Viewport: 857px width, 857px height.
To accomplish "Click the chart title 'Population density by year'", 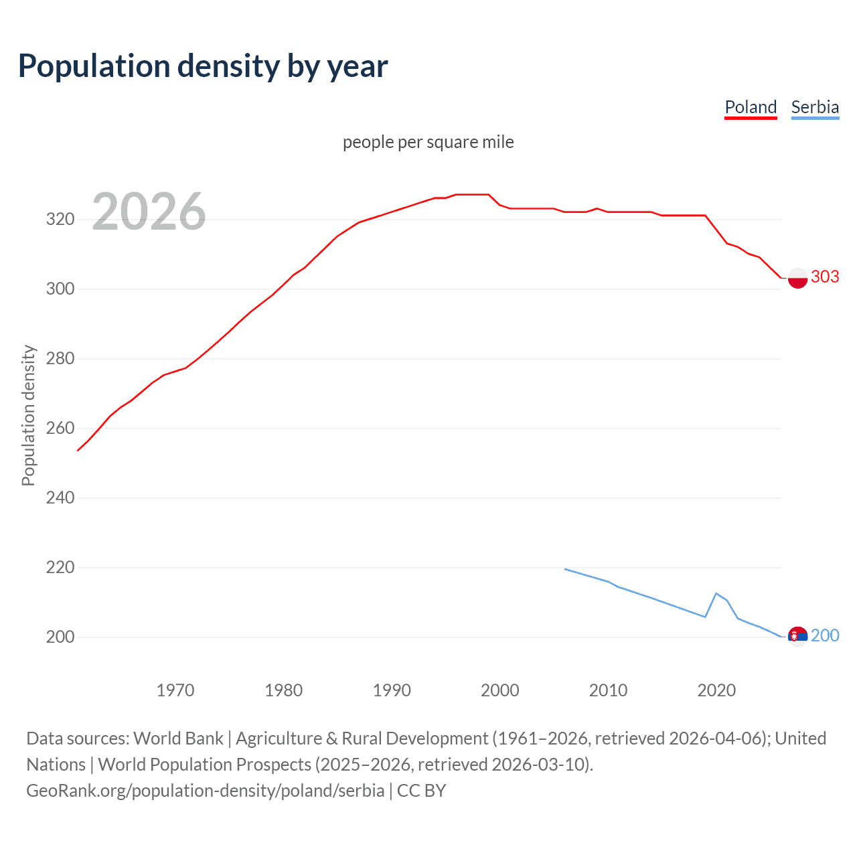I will coord(203,66).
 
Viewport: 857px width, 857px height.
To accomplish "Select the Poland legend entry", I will coord(751,107).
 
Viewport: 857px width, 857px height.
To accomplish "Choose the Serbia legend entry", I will coord(815,107).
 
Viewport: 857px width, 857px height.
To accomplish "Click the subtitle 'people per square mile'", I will coord(428,142).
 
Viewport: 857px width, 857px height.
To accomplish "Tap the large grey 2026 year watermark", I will coord(149,212).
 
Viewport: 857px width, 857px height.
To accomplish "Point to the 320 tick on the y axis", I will coord(60,219).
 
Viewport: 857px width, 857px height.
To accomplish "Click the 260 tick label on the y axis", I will coord(60,428).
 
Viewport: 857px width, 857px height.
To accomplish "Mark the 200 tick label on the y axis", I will coord(60,637).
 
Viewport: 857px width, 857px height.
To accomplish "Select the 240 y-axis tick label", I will coord(60,497).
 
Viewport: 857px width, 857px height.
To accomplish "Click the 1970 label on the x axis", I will coord(175,690).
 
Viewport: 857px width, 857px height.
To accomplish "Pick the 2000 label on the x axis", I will coord(500,690).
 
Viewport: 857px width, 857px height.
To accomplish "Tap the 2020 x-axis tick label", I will coord(716,690).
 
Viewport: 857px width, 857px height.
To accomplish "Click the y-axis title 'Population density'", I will coord(28,415).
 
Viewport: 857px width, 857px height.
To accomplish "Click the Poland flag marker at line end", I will coord(797,277).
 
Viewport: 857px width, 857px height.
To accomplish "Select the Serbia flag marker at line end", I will coord(797,636).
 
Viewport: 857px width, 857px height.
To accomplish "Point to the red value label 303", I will coord(825,277).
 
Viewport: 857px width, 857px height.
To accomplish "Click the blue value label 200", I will coord(825,635).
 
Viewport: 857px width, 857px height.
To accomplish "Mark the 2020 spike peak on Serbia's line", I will coord(716,593).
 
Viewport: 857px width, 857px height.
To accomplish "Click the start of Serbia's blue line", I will coord(566,569).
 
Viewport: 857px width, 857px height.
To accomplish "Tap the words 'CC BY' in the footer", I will coord(421,791).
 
